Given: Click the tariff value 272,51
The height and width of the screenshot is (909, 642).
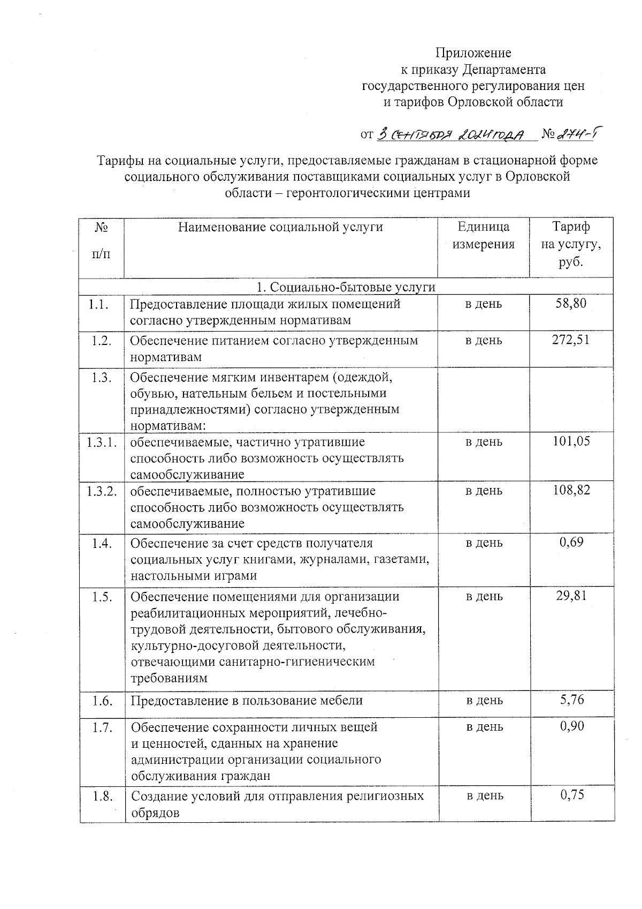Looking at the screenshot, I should click(x=571, y=340).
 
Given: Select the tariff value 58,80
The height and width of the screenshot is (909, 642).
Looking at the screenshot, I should click(x=571, y=304).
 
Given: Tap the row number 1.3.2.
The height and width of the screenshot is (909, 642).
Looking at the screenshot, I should click(x=102, y=491).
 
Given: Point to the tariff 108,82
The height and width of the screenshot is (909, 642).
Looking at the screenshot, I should click(x=571, y=490).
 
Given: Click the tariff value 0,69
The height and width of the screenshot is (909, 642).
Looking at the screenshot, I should click(x=571, y=542).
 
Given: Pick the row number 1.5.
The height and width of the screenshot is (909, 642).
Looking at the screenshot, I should click(x=102, y=597).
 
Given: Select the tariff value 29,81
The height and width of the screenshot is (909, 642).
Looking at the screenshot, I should click(x=571, y=596).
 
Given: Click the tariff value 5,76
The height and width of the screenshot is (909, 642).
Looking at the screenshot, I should click(x=571, y=699).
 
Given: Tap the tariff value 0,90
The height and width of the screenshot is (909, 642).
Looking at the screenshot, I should click(x=571, y=726).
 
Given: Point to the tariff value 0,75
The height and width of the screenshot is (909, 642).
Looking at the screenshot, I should click(x=571, y=795).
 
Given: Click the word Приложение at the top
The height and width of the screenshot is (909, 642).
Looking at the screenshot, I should click(x=473, y=53).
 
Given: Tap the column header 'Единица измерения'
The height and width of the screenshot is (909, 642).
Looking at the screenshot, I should click(x=483, y=236).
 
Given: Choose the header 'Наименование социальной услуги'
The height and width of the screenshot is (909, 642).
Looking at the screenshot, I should click(x=280, y=227).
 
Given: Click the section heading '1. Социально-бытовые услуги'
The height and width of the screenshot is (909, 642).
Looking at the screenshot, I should click(x=346, y=287).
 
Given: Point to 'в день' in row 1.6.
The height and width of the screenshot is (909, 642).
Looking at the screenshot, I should click(x=484, y=700).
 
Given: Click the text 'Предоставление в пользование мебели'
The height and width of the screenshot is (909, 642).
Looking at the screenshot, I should click(x=247, y=700).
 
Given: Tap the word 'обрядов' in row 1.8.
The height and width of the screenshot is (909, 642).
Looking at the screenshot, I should click(x=155, y=812).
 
